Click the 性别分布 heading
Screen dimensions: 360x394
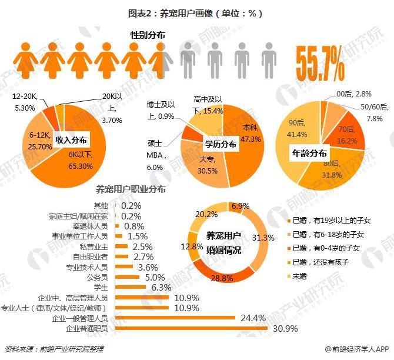pos(148,35)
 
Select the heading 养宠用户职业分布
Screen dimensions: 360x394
pos(131,189)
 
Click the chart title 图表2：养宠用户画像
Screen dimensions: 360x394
pos(196,11)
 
